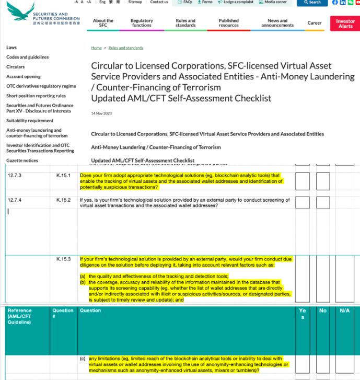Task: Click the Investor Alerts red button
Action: [345, 24]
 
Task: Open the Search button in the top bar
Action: [312, 2]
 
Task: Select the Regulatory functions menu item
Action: [142, 23]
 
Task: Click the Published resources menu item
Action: [228, 23]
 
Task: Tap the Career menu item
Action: [315, 23]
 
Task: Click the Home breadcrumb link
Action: [96, 48]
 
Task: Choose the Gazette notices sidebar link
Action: [22, 160]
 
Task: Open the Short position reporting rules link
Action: [36, 96]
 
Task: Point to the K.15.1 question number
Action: [63, 175]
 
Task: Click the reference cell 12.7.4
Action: [15, 200]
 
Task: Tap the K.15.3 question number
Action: [63, 259]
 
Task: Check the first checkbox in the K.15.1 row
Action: [303, 181]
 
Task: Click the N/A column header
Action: [345, 310]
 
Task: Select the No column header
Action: [323, 310]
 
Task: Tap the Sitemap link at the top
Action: [135, 2]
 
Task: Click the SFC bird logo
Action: [20, 11]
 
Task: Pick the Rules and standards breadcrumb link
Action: [125, 48]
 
